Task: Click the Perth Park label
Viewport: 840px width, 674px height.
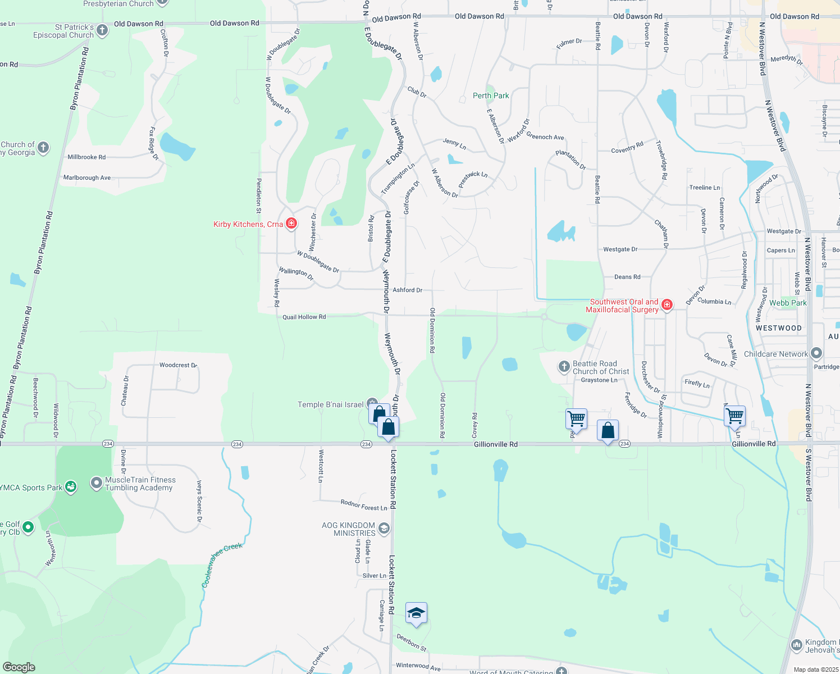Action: click(x=491, y=95)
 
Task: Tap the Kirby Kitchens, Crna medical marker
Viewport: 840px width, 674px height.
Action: click(x=291, y=224)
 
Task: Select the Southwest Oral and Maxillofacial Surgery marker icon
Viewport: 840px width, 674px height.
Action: click(x=667, y=305)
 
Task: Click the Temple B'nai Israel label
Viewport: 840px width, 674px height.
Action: click(x=330, y=404)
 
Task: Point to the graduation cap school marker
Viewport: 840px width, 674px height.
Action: click(x=416, y=613)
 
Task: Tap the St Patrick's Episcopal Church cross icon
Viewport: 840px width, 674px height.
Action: click(x=102, y=30)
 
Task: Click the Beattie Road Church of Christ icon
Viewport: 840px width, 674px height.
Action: click(x=564, y=367)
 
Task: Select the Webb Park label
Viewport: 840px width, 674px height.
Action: click(x=788, y=303)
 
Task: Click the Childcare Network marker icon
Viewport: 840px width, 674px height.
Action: click(x=816, y=354)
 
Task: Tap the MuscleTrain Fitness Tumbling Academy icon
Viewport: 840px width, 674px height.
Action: click(x=97, y=484)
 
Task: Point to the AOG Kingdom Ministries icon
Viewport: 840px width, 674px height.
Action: click(x=384, y=528)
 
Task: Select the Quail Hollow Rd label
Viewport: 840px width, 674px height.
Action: click(x=304, y=317)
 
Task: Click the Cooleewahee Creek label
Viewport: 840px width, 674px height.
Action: click(x=222, y=564)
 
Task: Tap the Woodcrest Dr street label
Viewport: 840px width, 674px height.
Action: click(x=178, y=365)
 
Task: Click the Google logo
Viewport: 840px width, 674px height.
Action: click(x=19, y=667)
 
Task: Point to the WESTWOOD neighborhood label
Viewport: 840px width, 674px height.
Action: click(x=778, y=328)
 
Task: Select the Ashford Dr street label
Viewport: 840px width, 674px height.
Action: click(x=407, y=290)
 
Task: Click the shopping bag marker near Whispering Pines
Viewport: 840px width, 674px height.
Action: click(x=608, y=431)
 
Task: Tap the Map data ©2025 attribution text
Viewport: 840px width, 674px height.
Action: click(x=814, y=670)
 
